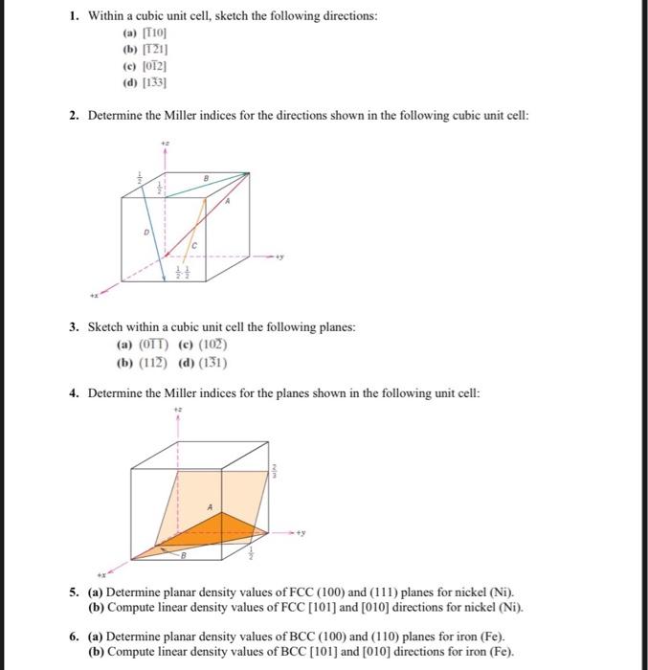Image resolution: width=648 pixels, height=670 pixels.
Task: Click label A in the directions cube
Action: coord(227,203)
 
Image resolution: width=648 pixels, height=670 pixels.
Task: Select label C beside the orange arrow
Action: coord(193,246)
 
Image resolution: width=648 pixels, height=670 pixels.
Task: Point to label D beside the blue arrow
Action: coord(146,231)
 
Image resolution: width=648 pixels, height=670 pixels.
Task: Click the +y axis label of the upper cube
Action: coord(280,257)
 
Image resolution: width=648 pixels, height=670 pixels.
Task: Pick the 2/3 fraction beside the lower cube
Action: coord(274,471)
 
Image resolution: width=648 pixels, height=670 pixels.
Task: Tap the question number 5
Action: coord(74,592)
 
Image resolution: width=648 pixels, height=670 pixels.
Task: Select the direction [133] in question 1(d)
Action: coord(154,83)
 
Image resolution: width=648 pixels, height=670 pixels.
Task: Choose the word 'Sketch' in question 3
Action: coord(107,327)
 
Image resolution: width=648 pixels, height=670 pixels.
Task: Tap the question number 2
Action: coord(74,115)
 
